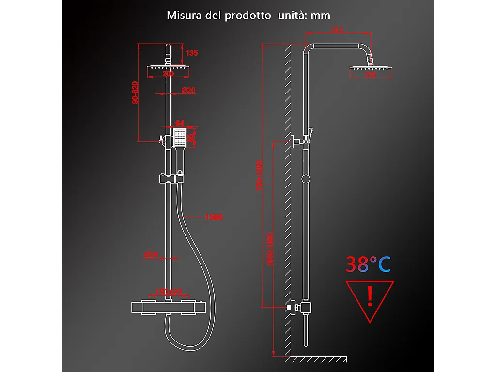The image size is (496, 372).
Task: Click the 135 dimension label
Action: pyautogui.click(x=192, y=53)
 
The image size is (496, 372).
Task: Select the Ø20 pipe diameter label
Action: pyautogui.click(x=188, y=91)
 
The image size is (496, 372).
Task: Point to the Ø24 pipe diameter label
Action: pyautogui.click(x=151, y=254)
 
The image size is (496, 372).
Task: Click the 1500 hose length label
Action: pyautogui.click(x=214, y=217)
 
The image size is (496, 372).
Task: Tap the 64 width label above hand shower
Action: pyautogui.click(x=180, y=123)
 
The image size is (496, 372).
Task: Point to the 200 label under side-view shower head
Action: pyautogui.click(x=371, y=75)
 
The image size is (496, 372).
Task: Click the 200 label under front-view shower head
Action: pyautogui.click(x=168, y=74)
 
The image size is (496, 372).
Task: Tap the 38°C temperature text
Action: pyautogui.click(x=368, y=264)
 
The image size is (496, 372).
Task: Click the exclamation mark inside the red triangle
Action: pyautogui.click(x=370, y=295)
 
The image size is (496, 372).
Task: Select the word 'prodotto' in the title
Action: pyautogui.click(x=248, y=15)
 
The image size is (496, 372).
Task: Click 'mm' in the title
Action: pyautogui.click(x=321, y=15)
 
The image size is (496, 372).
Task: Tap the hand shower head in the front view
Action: pyautogui.click(x=180, y=139)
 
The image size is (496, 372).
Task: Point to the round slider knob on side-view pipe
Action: pyautogui.click(x=305, y=179)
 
